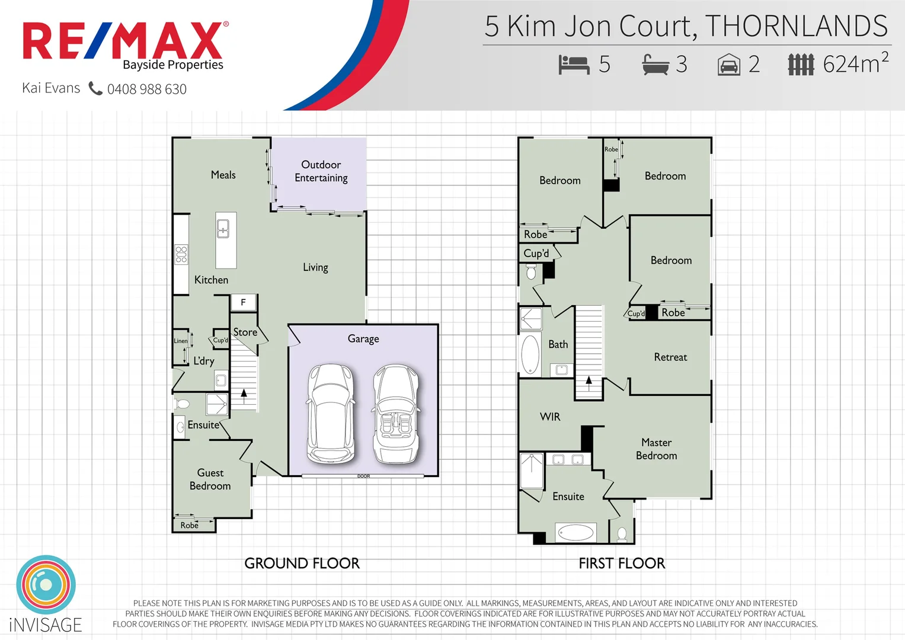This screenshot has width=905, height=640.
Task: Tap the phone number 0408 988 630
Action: pos(146,89)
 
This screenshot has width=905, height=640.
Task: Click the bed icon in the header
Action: pos(574,64)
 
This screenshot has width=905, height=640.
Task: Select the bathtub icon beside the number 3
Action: pos(655,64)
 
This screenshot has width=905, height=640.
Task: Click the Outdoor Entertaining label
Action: pos(321,171)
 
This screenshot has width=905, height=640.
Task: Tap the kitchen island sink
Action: pos(223,228)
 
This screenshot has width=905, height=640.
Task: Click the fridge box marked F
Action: pos(243,302)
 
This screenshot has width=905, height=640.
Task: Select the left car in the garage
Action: pos(331,414)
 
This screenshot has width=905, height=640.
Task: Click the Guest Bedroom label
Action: pos(210,479)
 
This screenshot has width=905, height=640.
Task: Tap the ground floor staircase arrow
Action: pos(244,393)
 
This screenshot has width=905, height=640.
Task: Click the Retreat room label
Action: pos(670,357)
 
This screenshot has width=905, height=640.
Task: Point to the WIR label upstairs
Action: pos(549,417)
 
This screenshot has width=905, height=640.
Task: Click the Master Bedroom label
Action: pos(656,449)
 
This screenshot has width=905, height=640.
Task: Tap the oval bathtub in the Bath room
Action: pos(530,354)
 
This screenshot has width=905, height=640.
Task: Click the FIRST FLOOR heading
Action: pos(622,564)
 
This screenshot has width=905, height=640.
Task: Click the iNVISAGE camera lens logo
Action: pos(46,585)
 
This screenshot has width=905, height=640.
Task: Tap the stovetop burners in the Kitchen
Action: pos(181,254)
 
